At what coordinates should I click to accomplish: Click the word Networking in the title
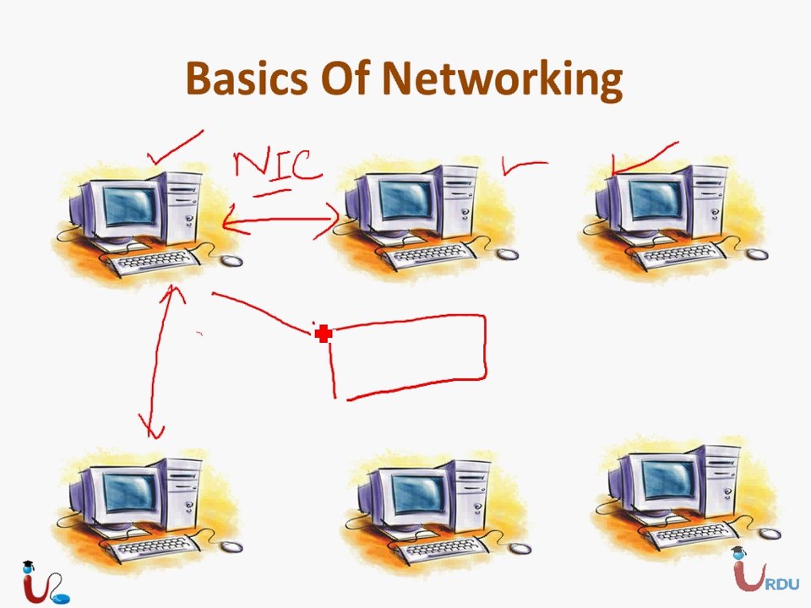click(x=502, y=79)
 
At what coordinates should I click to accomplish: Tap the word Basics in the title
click(x=247, y=78)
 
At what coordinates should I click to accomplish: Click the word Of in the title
click(x=345, y=78)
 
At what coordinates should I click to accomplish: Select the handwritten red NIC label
click(x=278, y=166)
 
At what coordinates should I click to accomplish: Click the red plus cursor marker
click(x=324, y=334)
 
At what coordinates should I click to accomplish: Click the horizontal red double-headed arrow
click(x=280, y=220)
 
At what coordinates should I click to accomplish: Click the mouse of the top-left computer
click(x=231, y=260)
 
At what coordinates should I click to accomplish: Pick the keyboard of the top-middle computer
click(x=430, y=254)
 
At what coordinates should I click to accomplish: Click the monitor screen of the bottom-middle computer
click(x=418, y=492)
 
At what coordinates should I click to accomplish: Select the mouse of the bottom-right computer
click(x=770, y=533)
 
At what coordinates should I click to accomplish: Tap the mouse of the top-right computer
click(x=757, y=253)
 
